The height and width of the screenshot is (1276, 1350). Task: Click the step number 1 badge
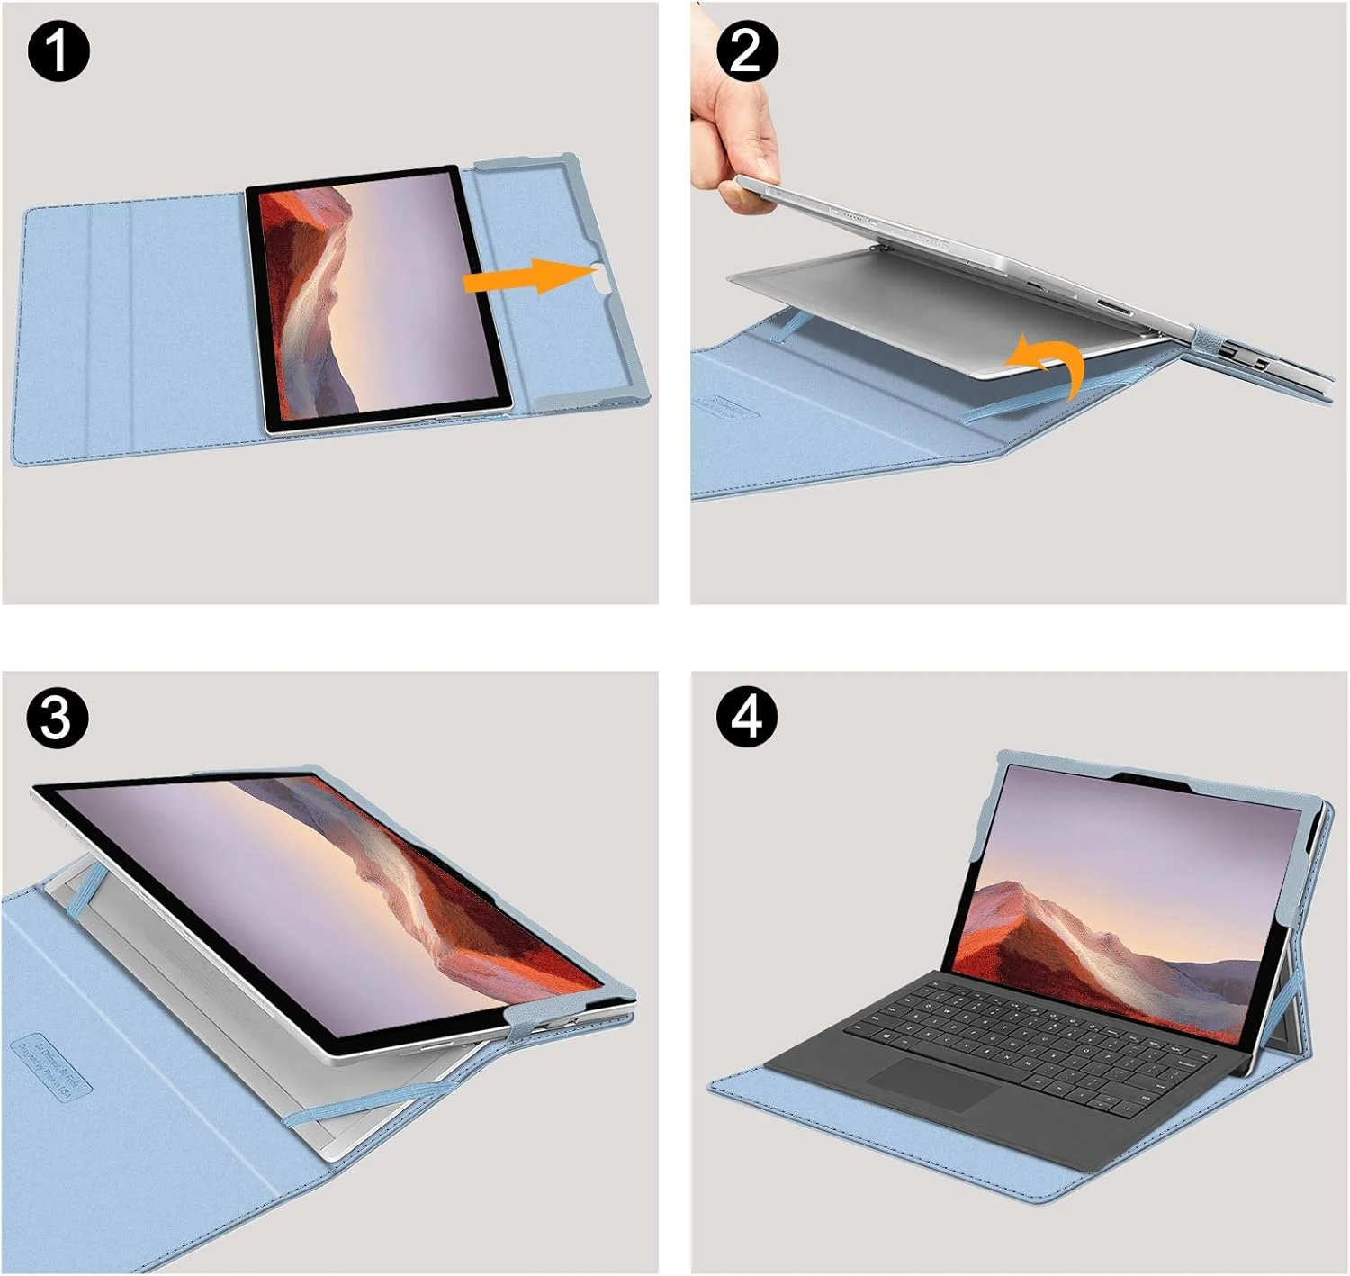point(58,51)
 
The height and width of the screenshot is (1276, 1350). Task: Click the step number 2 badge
point(746,51)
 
